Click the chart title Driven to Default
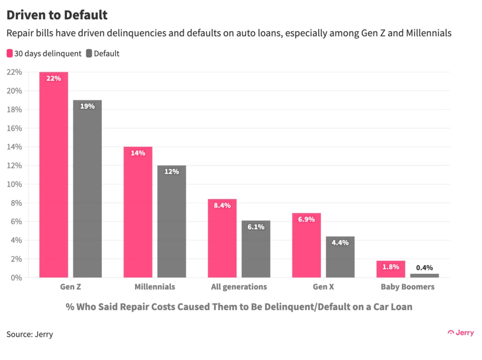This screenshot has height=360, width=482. pyautogui.click(x=57, y=15)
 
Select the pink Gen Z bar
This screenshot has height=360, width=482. pyautogui.click(x=54, y=179)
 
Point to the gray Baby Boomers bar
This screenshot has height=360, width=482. pyautogui.click(x=424, y=275)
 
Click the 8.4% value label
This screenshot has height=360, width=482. pyautogui.click(x=222, y=206)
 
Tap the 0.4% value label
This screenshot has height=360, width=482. pyautogui.click(x=424, y=267)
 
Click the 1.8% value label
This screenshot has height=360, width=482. pyautogui.click(x=391, y=267)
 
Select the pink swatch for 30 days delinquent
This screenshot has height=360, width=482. pyautogui.click(x=10, y=53)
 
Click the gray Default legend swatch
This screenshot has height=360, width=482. pyautogui.click(x=89, y=53)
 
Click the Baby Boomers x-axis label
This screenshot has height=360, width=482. pyautogui.click(x=408, y=287)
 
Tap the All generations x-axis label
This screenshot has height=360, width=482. pyautogui.click(x=239, y=287)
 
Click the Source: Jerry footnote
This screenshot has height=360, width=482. pyautogui.click(x=30, y=334)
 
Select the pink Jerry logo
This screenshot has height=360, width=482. pyautogui.click(x=460, y=332)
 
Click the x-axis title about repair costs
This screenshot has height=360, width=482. pyautogui.click(x=239, y=307)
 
